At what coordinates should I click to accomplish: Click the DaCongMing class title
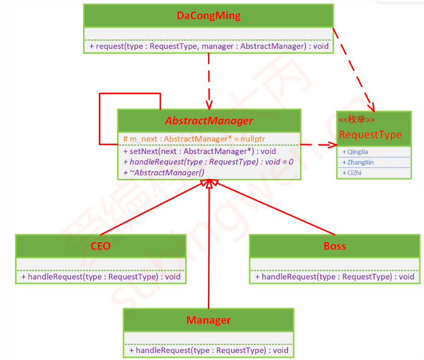(x=208, y=16)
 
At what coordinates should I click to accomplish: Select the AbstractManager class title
(x=209, y=121)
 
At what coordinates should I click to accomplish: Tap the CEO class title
(x=101, y=246)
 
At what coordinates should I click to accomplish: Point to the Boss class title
(x=334, y=246)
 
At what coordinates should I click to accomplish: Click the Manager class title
(x=208, y=320)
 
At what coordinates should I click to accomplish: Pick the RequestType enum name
(x=371, y=134)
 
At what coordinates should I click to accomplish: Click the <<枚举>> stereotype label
(x=357, y=120)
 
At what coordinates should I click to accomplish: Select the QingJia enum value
(x=358, y=152)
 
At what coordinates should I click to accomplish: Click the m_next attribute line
(x=194, y=138)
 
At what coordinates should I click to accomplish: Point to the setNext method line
(x=199, y=151)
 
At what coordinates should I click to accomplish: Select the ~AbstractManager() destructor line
(x=163, y=172)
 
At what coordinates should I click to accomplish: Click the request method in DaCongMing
(x=209, y=46)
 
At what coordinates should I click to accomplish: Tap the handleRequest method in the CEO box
(x=101, y=276)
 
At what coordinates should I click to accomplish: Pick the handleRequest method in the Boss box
(x=334, y=276)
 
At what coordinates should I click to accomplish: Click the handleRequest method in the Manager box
(x=208, y=350)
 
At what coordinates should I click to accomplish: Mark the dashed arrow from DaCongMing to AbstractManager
(x=208, y=81)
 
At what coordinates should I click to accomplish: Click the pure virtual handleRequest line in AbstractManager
(x=208, y=162)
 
